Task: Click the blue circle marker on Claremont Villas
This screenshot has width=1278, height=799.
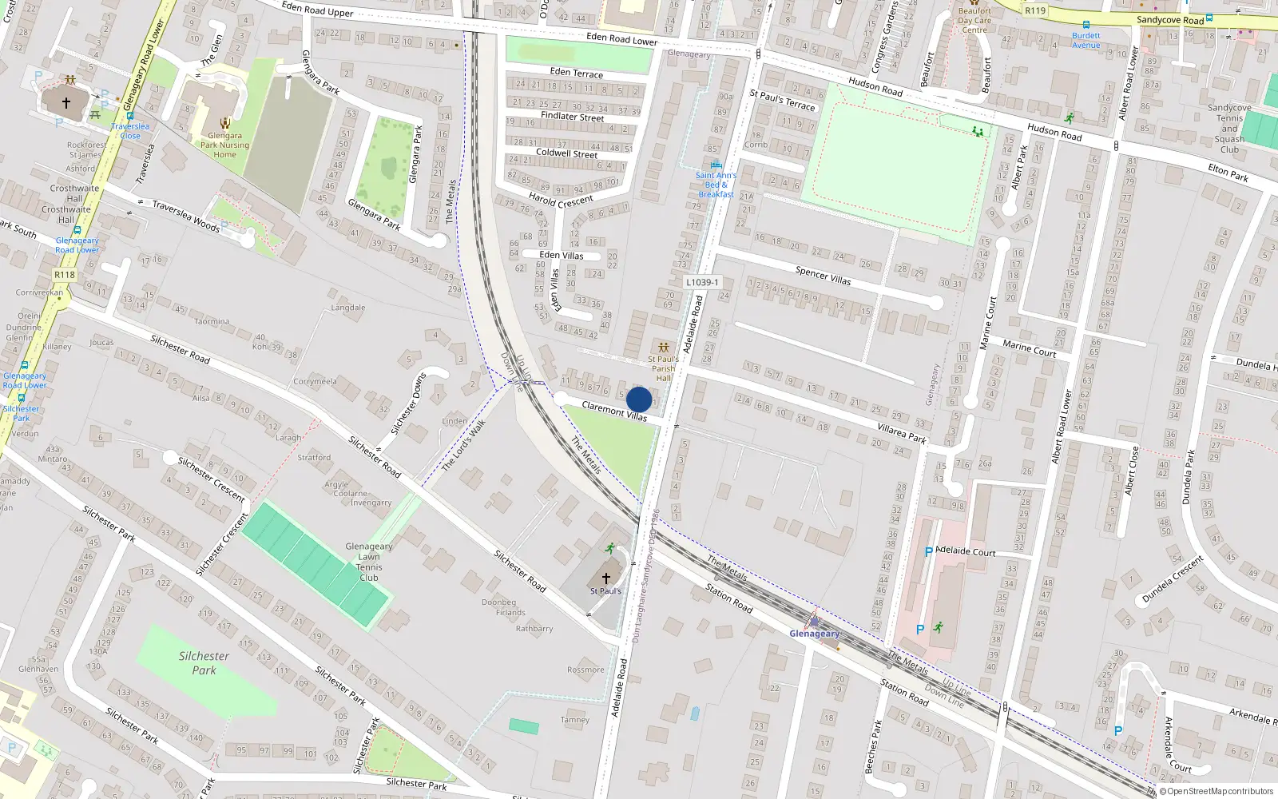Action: (639, 399)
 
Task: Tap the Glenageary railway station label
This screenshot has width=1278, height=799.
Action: (814, 634)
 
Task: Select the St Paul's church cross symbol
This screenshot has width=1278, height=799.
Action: (605, 578)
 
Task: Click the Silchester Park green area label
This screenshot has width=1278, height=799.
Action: (204, 663)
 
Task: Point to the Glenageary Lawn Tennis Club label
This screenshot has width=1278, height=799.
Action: (369, 562)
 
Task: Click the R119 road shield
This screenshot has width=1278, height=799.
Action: (1035, 10)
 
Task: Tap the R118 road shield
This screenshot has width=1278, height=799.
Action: (65, 275)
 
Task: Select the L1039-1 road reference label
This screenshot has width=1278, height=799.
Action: (702, 282)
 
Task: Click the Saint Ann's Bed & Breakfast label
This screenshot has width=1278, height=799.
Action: (716, 185)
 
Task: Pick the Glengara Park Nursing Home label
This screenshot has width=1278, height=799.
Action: (224, 145)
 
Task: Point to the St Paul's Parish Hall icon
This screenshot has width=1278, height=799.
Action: (663, 348)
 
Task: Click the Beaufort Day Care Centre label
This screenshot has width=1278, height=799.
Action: (974, 21)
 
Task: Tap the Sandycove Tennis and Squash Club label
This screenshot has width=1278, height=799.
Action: (1229, 128)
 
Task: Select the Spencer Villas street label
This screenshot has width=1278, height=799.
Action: (823, 276)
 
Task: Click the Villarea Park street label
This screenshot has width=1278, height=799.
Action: (902, 434)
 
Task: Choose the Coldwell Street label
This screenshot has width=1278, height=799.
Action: (566, 153)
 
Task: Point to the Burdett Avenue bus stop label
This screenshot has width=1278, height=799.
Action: (1086, 40)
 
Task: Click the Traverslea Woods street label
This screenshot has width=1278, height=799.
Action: (186, 216)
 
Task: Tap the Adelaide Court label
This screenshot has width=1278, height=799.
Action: (965, 551)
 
